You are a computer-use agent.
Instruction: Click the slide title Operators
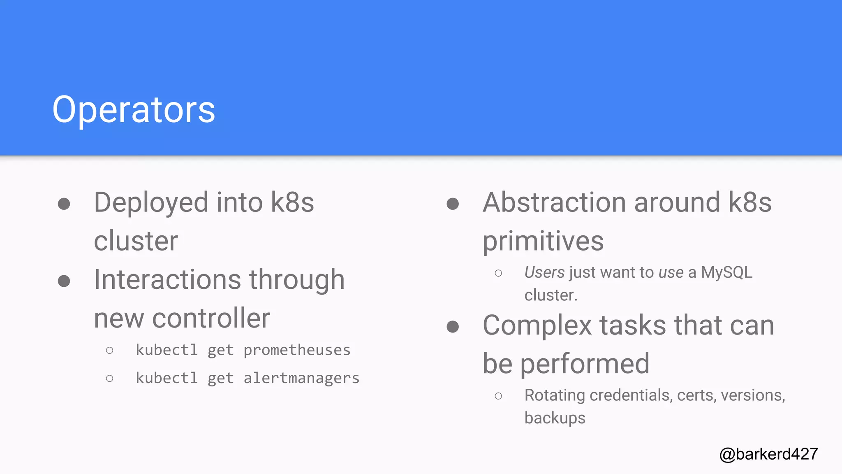[x=134, y=109]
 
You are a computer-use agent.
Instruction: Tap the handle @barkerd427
[x=768, y=454]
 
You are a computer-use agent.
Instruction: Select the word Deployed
[x=151, y=203]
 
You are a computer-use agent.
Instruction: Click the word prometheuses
[x=297, y=350]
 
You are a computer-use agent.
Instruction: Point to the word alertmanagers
[x=301, y=378]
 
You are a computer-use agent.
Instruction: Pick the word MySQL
[x=726, y=272]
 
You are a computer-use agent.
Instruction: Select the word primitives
[x=543, y=241]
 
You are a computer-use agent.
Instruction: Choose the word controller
[x=211, y=318]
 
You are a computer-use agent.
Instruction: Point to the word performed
[x=585, y=364]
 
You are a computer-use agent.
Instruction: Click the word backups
[x=555, y=418]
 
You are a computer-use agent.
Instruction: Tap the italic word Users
[x=544, y=272]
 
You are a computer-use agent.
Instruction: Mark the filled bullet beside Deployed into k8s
[x=64, y=204]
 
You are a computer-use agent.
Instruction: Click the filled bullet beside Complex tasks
[x=453, y=327]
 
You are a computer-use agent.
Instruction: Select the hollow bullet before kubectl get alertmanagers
[x=109, y=378]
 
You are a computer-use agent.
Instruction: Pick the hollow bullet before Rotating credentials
[x=498, y=396]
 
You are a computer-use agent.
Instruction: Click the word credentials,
[x=631, y=395]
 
